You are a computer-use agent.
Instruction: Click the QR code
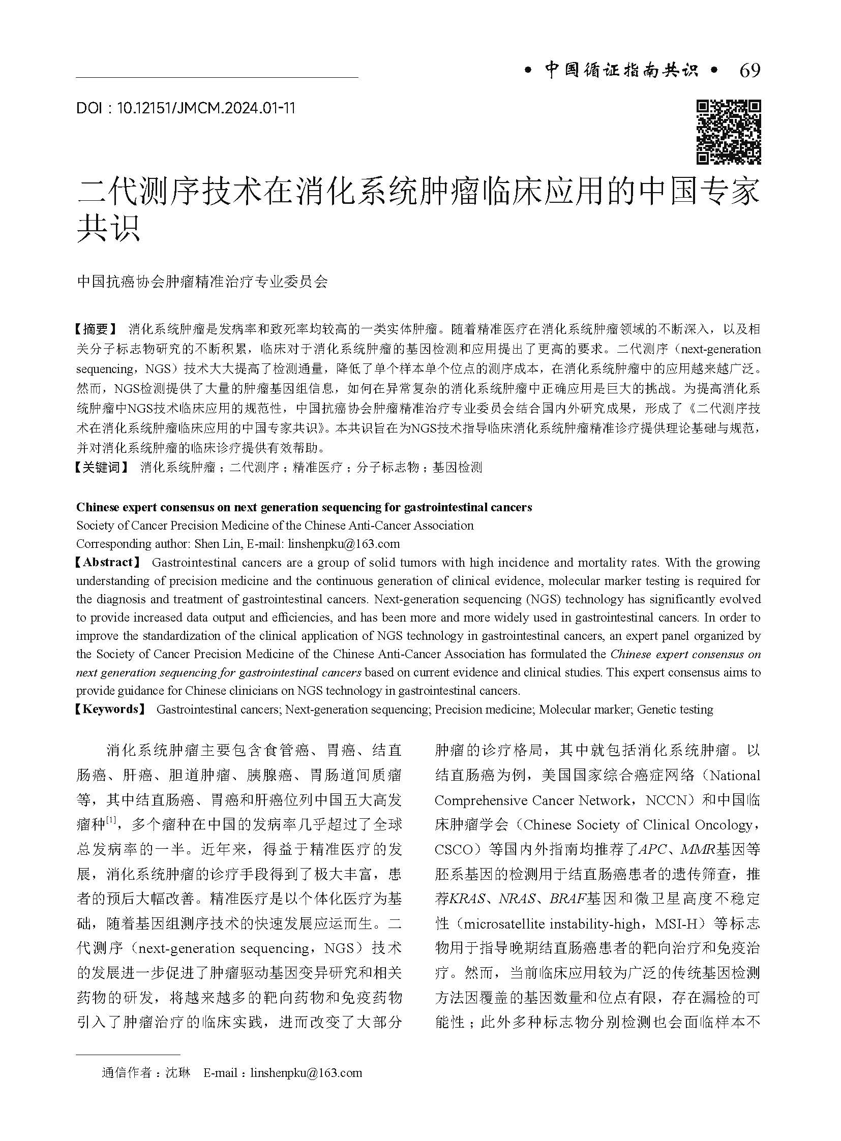[729, 132]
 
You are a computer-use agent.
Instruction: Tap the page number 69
[749, 71]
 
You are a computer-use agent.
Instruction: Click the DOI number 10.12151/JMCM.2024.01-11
[205, 108]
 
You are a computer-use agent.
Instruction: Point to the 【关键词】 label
[102, 467]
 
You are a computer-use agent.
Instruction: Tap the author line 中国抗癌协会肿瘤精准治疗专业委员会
[202, 282]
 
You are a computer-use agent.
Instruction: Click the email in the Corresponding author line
[344, 543]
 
